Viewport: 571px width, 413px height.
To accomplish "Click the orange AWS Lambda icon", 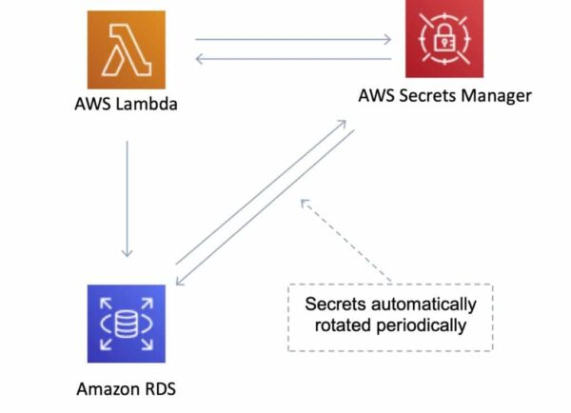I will (126, 49).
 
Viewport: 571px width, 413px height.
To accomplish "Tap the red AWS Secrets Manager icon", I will (443, 40).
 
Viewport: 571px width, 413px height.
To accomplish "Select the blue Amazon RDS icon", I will (126, 323).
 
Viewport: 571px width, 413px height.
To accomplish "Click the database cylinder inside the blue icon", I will (126, 324).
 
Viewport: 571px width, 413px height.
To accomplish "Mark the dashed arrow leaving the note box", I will (348, 242).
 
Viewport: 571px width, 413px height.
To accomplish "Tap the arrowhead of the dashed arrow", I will (304, 201).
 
